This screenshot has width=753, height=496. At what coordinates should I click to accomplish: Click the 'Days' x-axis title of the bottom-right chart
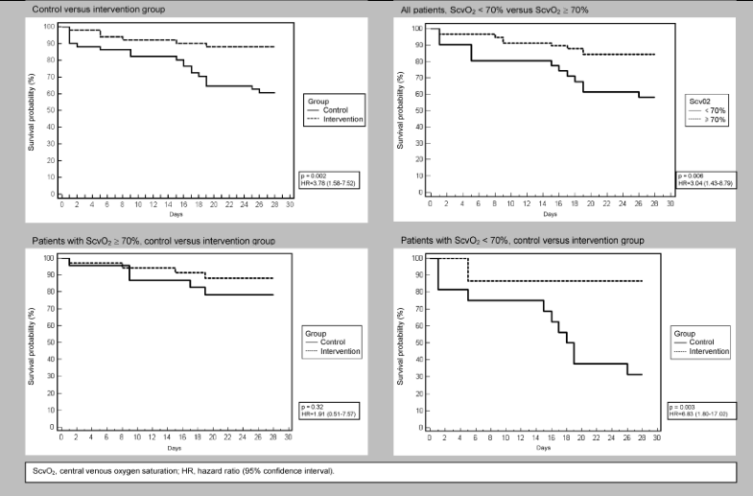click(543, 448)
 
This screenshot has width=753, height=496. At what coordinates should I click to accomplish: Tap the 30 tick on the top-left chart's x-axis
click(290, 205)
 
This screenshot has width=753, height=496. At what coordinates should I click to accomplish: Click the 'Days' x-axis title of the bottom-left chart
click(175, 448)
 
